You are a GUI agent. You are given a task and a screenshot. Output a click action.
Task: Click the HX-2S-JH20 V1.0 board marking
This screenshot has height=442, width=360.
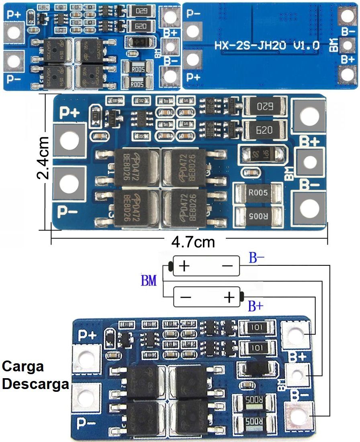coord(267,45)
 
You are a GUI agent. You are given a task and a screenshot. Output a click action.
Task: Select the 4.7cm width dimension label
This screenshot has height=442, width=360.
coord(193,242)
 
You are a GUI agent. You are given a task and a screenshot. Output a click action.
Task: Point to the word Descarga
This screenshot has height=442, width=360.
coord(35,384)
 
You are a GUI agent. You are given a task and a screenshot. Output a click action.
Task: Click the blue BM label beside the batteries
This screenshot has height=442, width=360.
coord(149,281)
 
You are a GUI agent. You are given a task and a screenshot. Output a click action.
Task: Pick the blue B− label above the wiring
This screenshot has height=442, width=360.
coord(256,259)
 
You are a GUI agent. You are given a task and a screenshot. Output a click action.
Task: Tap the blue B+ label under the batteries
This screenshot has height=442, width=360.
coord(256,306)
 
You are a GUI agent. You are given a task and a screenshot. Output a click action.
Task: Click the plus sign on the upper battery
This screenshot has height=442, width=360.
coord(184,266)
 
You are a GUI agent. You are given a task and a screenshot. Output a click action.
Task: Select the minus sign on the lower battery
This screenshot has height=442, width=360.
coord(186,297)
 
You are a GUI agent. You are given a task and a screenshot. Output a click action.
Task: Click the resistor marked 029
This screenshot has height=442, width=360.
coord(141,12)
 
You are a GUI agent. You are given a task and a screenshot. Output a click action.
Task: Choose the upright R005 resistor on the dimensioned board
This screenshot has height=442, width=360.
coord(258,193)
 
